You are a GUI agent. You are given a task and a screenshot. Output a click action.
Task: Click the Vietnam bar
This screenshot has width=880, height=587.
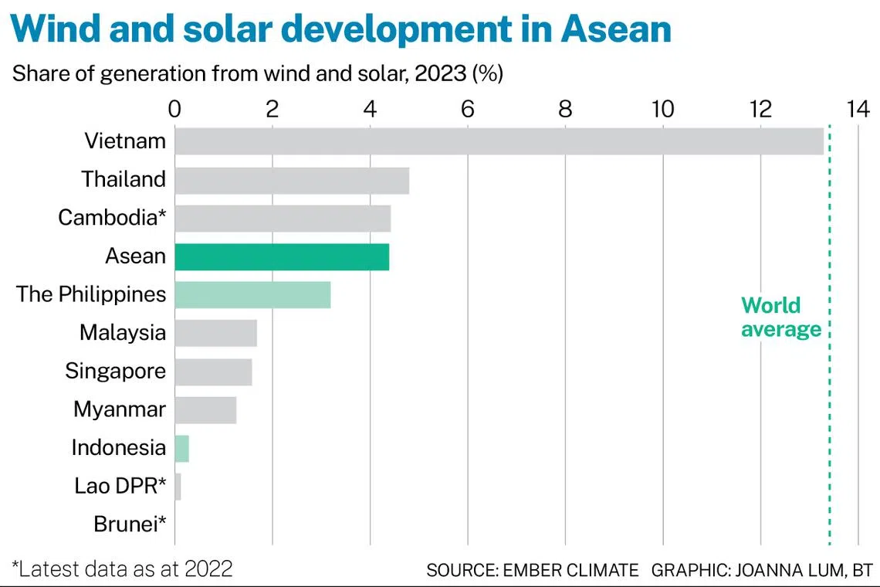click(499, 141)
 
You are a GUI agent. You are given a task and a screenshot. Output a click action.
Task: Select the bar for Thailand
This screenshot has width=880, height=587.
click(292, 180)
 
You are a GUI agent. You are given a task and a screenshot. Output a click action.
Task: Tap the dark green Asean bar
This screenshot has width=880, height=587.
click(282, 256)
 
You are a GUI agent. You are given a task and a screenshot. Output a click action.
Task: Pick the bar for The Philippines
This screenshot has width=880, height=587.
click(252, 295)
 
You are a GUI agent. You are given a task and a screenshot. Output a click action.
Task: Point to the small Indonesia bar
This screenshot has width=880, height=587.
click(182, 448)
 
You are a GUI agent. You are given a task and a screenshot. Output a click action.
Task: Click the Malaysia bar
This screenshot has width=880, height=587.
click(215, 333)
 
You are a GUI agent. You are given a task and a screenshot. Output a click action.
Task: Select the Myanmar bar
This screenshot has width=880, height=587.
click(205, 409)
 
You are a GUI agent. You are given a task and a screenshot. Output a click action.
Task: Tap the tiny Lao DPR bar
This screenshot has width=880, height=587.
click(178, 487)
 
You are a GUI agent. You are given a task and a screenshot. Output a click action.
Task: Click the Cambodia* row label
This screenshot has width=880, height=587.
click(112, 218)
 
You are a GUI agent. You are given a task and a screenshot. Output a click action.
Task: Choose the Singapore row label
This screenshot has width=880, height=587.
click(115, 371)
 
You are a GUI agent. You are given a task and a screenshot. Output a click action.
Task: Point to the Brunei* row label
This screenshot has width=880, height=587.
click(130, 524)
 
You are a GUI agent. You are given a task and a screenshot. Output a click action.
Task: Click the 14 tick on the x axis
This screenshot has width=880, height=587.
click(858, 109)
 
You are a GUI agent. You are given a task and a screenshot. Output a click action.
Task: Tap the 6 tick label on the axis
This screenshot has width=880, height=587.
click(468, 109)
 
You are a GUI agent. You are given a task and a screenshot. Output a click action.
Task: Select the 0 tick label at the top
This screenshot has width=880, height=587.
click(175, 109)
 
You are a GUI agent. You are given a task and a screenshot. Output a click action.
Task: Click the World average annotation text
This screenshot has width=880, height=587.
click(780, 317)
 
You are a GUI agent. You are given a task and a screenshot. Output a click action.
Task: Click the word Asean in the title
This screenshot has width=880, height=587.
click(615, 29)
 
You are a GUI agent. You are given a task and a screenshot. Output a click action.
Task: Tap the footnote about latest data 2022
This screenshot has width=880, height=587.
click(122, 569)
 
